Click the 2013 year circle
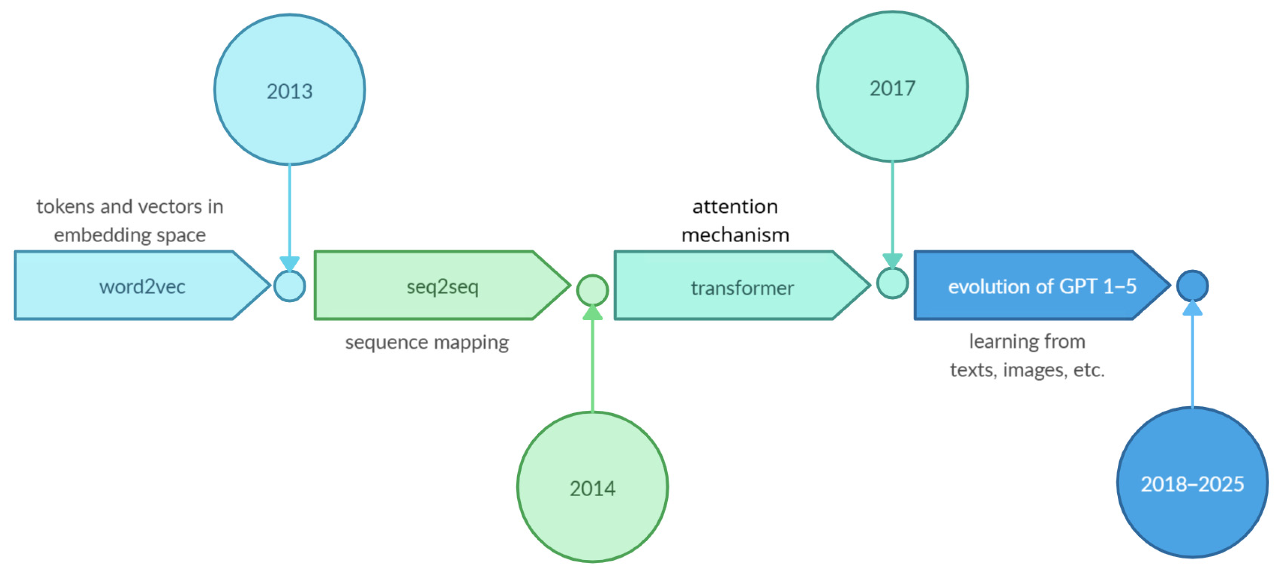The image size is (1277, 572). pyautogui.click(x=289, y=90)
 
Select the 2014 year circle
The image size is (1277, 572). pyautogui.click(x=593, y=487)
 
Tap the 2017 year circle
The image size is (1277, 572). pyautogui.click(x=892, y=87)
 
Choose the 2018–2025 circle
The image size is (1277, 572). pyautogui.click(x=1192, y=483)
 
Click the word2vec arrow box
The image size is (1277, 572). pyautogui.click(x=134, y=286)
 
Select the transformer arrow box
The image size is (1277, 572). pyautogui.click(x=734, y=286)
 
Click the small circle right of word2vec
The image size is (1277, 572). pyautogui.click(x=289, y=286)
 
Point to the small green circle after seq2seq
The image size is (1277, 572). pyautogui.click(x=593, y=290)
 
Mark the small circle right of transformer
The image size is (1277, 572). pyautogui.click(x=892, y=283)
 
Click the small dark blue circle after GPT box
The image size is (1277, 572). pyautogui.click(x=1192, y=286)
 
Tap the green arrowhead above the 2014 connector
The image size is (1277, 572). pyautogui.click(x=593, y=313)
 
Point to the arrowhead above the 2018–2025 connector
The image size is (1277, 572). pyautogui.click(x=1192, y=308)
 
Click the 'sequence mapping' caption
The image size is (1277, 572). pyautogui.click(x=427, y=342)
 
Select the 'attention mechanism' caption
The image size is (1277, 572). pyautogui.click(x=735, y=220)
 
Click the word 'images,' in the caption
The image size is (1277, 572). pyautogui.click(x=1035, y=370)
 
